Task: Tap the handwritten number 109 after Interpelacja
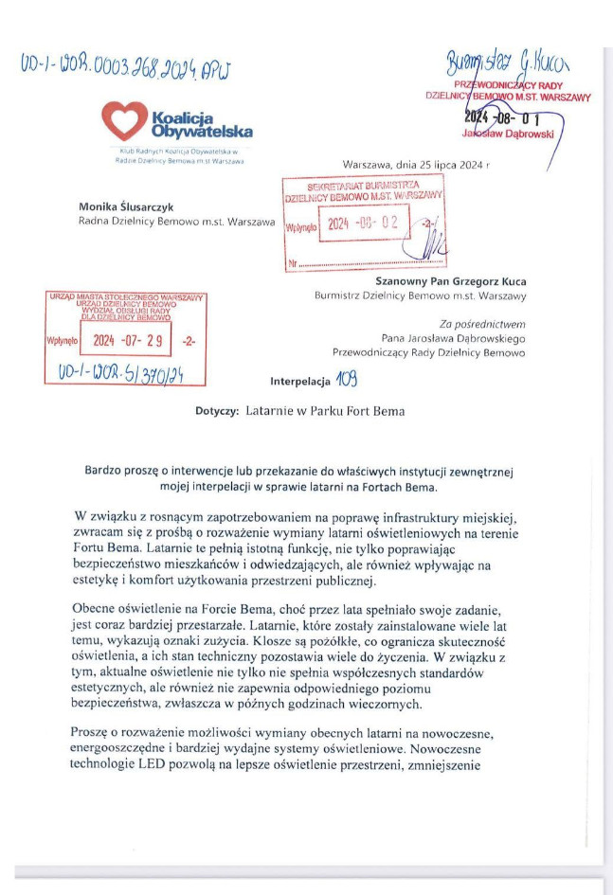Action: [350, 381]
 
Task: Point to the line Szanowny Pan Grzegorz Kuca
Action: [450, 281]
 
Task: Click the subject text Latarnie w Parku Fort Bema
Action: [324, 412]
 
